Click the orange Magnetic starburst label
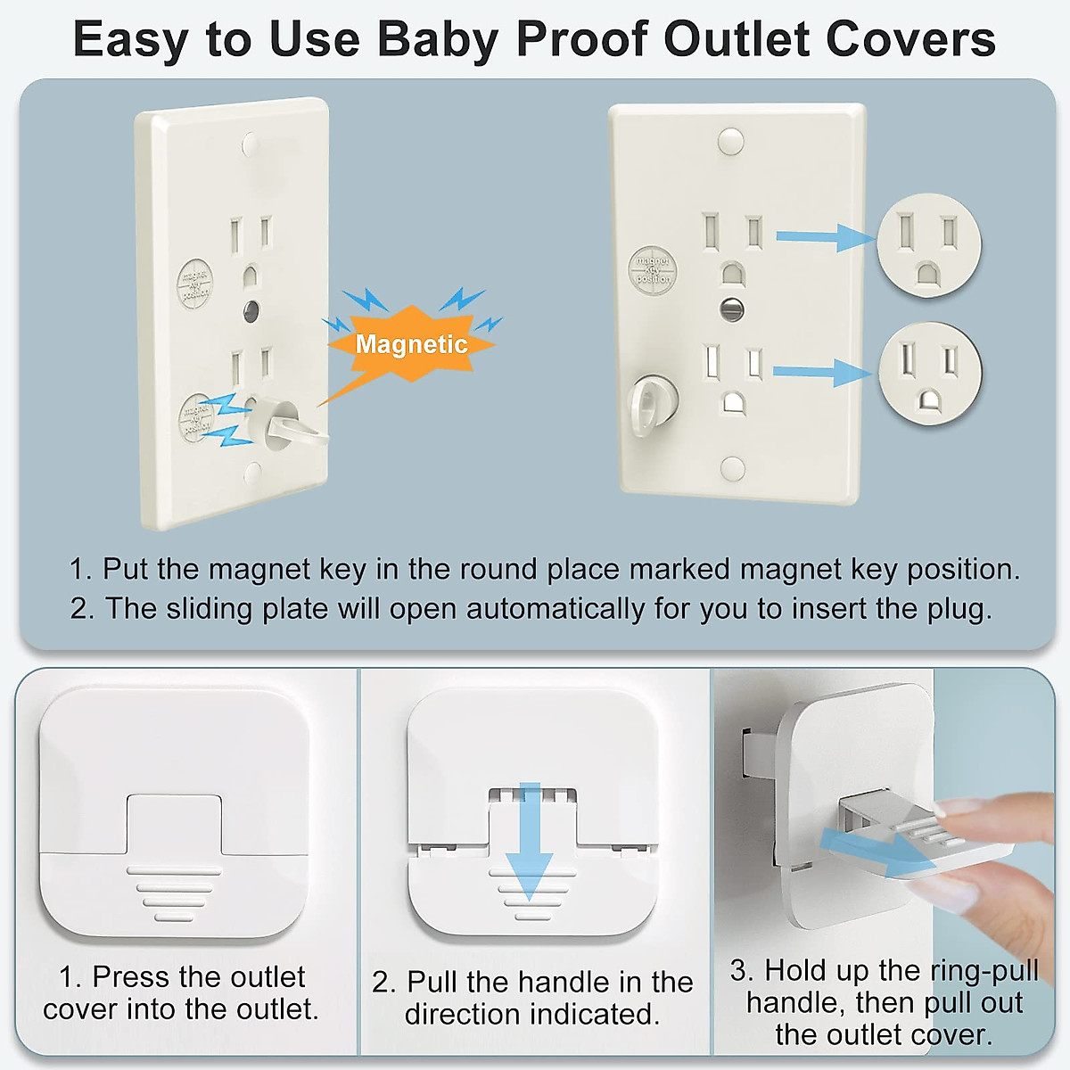412,344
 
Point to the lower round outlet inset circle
929,373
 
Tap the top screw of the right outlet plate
730,139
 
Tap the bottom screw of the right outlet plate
732,468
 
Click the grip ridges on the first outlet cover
174,893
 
